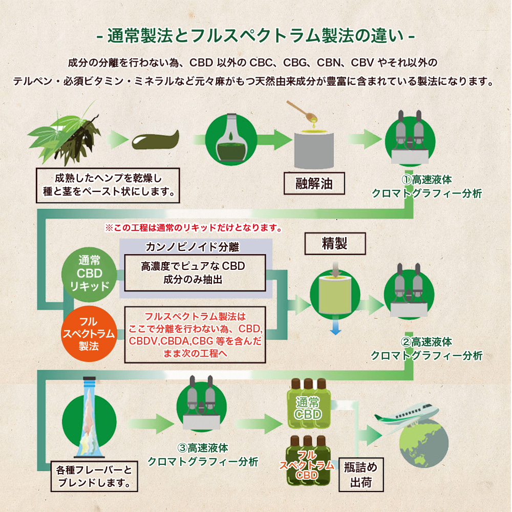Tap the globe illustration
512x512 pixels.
(x=424, y=443)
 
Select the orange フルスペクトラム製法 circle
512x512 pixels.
(x=89, y=334)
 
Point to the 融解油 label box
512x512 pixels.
(x=314, y=183)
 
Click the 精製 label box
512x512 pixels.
(x=335, y=244)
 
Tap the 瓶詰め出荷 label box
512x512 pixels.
(x=361, y=475)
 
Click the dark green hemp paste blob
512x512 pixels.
(x=156, y=140)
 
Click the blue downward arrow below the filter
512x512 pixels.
(x=335, y=328)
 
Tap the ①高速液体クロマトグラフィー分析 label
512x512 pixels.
(x=427, y=186)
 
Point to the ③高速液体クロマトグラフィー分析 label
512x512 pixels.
(x=203, y=455)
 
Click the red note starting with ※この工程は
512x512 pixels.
(x=194, y=228)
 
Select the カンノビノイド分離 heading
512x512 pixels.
(x=193, y=247)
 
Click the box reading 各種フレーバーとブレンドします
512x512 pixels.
(x=94, y=476)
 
